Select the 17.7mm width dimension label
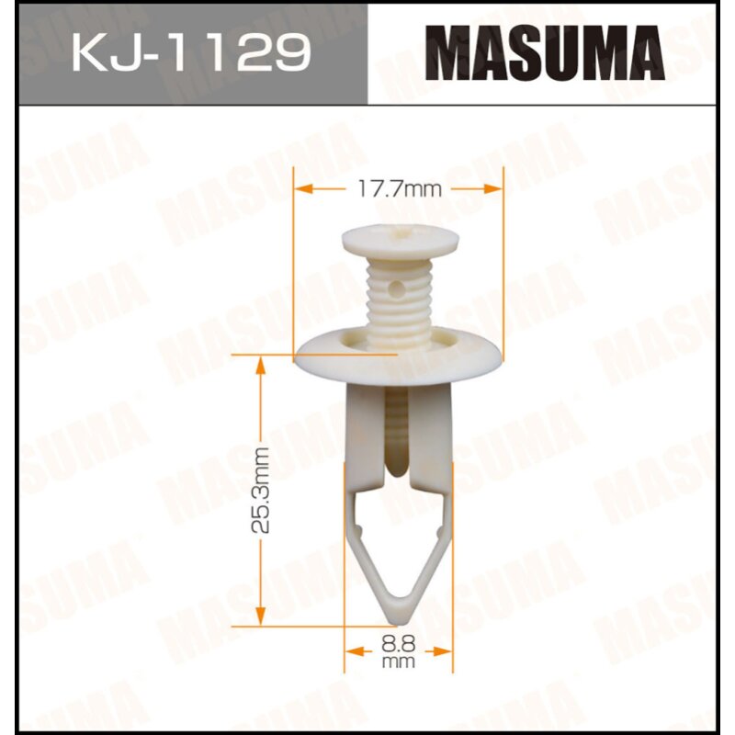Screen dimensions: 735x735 399,189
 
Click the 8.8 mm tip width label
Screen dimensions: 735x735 400,650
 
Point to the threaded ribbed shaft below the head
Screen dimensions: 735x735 399,294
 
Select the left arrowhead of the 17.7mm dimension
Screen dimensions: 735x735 301,189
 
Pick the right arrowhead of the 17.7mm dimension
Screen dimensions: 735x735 497,189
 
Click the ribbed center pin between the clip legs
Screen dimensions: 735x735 397,432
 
